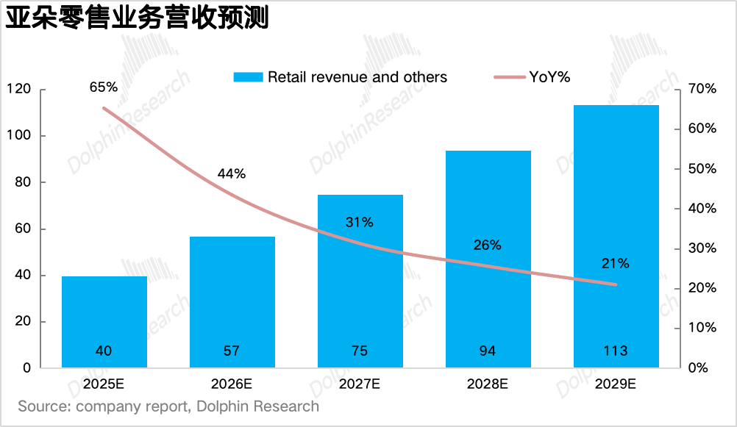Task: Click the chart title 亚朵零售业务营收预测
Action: click(138, 18)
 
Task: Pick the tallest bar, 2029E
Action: click(616, 235)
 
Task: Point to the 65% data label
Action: click(104, 87)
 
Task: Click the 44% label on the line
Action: click(232, 174)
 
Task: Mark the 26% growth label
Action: click(487, 245)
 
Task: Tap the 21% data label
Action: click(615, 263)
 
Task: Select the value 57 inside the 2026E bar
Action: click(232, 351)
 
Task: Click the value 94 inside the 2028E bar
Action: click(487, 351)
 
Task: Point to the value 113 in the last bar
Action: click(615, 351)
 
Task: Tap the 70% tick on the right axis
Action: click(701, 90)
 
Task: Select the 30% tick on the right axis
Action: click(701, 248)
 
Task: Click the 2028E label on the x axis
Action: click(487, 384)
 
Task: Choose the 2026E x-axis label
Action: click(232, 384)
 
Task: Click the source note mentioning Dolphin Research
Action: click(168, 406)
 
